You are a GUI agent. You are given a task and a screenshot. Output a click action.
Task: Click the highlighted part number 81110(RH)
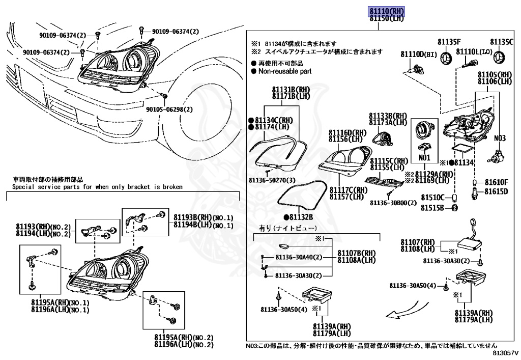tap(386, 11)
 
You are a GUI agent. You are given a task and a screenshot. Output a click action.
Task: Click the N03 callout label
tap(500, 138)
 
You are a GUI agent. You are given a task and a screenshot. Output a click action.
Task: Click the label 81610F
tap(496, 182)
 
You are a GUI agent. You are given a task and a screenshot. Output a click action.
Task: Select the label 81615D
tap(496, 191)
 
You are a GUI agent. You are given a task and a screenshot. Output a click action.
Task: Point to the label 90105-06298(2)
tap(169, 109)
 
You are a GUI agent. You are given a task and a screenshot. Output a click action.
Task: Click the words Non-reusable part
tap(284, 72)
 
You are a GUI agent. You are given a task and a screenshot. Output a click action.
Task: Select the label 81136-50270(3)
tap(272, 180)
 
